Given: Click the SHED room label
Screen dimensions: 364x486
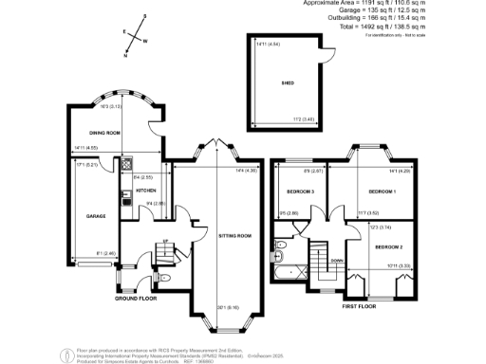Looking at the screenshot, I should (x=287, y=83).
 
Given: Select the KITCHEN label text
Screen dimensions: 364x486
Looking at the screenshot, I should (x=145, y=190).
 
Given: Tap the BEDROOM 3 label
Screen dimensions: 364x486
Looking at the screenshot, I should (x=300, y=191).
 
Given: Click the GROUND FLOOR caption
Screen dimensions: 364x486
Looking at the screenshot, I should (x=135, y=298).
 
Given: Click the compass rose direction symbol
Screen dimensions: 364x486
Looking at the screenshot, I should (x=134, y=36).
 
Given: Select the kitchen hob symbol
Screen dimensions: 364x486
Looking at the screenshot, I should (x=125, y=165).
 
